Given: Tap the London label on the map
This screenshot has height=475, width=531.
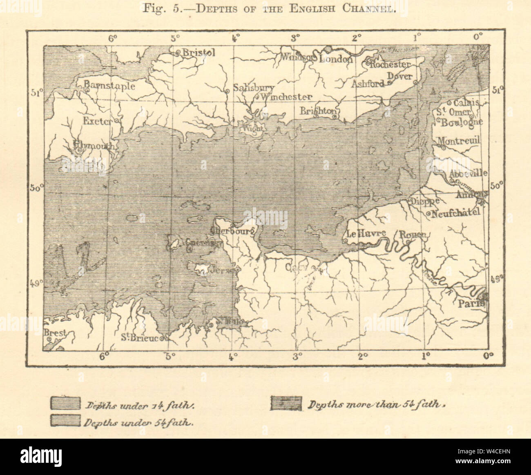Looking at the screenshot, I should tap(335, 59).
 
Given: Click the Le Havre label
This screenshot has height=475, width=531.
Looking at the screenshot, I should tap(360, 234).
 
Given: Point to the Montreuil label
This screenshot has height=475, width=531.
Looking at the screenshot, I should tap(459, 141).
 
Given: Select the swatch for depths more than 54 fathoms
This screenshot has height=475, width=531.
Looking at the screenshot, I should tap(286, 403).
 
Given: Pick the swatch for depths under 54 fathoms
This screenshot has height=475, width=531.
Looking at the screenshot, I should tap(65, 421).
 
